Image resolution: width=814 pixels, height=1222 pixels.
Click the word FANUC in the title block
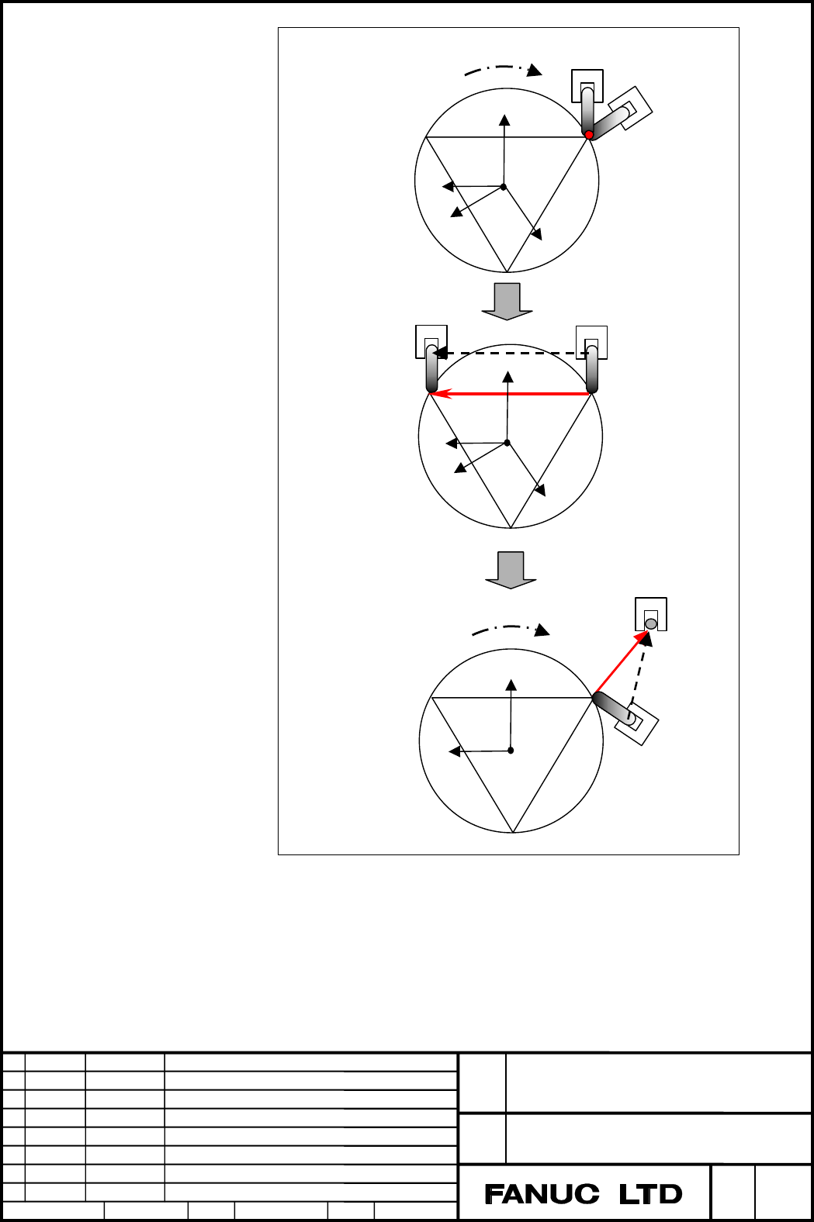542,1194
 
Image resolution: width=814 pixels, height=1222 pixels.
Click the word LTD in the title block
650,1194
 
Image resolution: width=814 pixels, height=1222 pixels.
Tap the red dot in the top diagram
589,135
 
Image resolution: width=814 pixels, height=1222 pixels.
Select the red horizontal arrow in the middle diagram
511,393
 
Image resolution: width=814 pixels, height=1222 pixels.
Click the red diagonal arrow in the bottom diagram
622,664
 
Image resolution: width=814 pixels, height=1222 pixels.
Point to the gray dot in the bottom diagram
651,623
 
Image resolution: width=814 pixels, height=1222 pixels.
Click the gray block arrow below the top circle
507,301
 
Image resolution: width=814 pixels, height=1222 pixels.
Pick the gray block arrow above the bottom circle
511,570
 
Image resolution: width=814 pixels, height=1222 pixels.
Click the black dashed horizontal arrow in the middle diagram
511,353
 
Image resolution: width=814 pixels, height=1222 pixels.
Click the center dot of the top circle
504,187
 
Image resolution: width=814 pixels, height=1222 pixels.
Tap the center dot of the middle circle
507,443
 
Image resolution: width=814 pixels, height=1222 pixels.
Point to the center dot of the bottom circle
511,751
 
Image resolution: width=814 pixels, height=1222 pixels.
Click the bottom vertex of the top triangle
507,271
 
